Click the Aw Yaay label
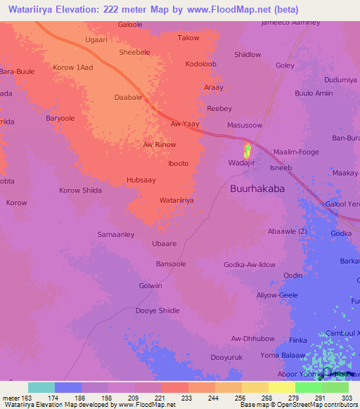[x=185, y=124]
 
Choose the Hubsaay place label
[x=141, y=180]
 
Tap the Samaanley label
[x=115, y=233]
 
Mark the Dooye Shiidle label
[x=157, y=311]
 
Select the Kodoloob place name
[x=202, y=64]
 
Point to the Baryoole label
[x=60, y=119]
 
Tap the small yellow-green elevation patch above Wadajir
[x=247, y=150]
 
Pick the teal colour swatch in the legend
[x=41, y=387]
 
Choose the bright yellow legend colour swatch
[x=282, y=387]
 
